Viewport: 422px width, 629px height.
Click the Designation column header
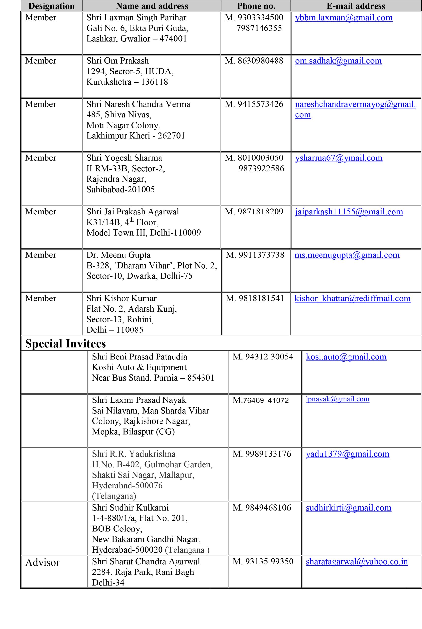pyautogui.click(x=51, y=6)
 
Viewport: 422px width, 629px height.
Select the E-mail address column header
pyautogui.click(x=356, y=6)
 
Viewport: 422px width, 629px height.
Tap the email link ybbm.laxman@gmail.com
pyautogui.click(x=343, y=18)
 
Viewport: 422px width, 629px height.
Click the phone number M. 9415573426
pyautogui.click(x=254, y=104)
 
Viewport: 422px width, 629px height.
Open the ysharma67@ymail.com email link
pyautogui.click(x=339, y=158)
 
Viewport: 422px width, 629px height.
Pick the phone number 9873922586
pyautogui.click(x=261, y=168)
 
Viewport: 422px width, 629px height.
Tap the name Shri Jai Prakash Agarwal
pyautogui.click(x=132, y=212)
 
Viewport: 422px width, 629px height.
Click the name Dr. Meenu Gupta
pyautogui.click(x=118, y=255)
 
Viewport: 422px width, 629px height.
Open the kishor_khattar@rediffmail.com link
pyautogui.click(x=352, y=298)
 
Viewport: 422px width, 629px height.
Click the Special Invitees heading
pyautogui.click(x=65, y=343)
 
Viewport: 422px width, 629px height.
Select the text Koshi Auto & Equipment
pyautogui.click(x=139, y=367)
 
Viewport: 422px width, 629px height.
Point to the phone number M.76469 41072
pyautogui.click(x=260, y=400)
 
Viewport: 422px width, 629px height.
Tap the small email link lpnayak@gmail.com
pyautogui.click(x=337, y=399)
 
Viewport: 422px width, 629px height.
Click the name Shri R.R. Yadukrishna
pyautogui.click(x=133, y=454)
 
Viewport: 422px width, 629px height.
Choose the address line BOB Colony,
pyautogui.click(x=117, y=529)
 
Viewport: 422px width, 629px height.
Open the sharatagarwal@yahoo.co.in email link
pyautogui.click(x=357, y=562)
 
